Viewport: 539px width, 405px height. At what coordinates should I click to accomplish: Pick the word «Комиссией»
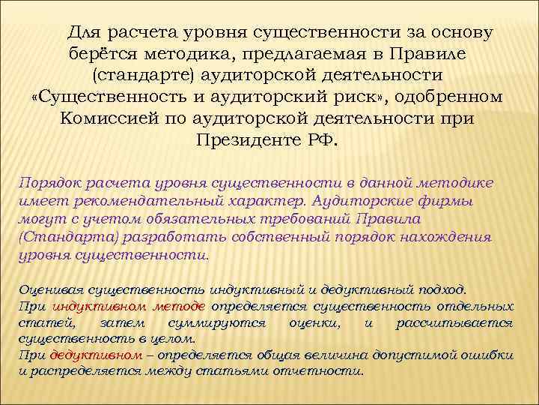[x=107, y=119]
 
